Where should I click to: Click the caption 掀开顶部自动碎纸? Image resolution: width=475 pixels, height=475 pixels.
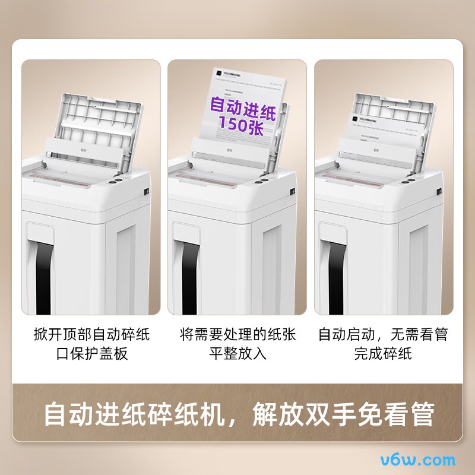91,334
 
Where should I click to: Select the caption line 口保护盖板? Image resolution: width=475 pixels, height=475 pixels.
91,354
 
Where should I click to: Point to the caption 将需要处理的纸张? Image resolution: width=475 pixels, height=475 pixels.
237,334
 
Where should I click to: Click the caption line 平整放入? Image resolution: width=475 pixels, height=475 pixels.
237,354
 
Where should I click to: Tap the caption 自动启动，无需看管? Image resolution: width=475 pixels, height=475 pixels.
383,334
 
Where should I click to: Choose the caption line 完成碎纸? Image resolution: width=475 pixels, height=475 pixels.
383,354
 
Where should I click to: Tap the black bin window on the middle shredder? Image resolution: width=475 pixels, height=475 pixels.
189,273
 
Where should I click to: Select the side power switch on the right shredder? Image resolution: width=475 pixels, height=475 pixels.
439,191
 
